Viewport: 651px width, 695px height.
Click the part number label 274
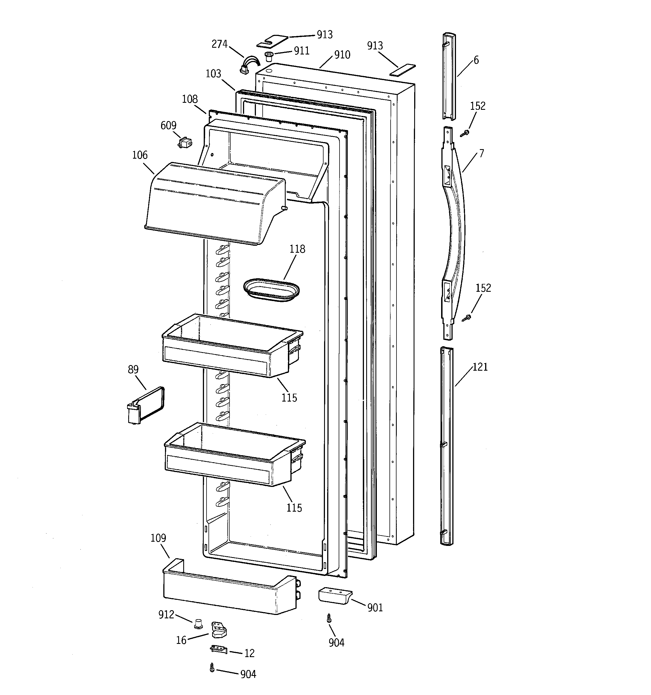click(x=219, y=44)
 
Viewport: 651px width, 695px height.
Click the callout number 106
click(x=140, y=155)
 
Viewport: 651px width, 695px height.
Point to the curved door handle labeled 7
click(x=453, y=233)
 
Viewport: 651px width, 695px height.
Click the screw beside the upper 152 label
click(x=465, y=133)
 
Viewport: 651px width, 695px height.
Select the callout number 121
click(x=480, y=367)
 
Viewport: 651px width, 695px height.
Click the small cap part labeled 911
click(x=269, y=56)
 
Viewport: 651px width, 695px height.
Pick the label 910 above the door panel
click(x=342, y=55)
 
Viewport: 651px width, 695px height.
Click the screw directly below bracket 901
click(x=329, y=618)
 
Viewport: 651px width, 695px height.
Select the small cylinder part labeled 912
click(x=199, y=623)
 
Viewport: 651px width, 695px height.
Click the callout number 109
click(x=158, y=538)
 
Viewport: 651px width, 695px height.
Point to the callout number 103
click(x=213, y=74)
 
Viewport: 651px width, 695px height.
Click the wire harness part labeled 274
click(x=250, y=65)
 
